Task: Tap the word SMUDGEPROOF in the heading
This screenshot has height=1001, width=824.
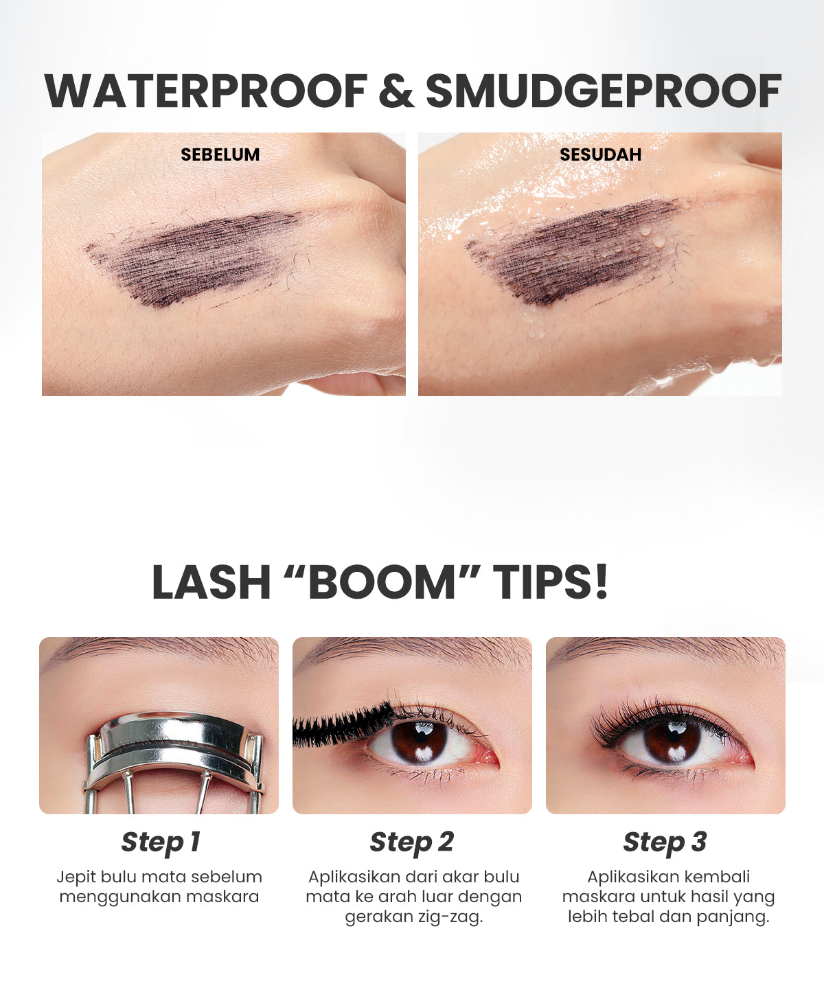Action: click(x=603, y=91)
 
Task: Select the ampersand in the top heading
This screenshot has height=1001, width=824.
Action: click(x=396, y=91)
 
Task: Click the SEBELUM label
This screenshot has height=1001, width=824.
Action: click(x=220, y=154)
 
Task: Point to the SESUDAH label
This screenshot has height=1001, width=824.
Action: click(x=600, y=154)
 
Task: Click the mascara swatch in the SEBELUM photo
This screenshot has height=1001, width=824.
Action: click(x=192, y=257)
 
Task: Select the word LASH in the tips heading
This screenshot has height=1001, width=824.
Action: click(x=211, y=583)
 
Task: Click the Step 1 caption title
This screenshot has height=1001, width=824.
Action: click(x=160, y=842)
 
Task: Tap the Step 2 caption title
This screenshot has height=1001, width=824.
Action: click(x=412, y=842)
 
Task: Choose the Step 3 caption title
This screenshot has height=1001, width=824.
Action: click(x=665, y=842)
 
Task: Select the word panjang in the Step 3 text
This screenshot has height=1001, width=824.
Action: click(x=732, y=917)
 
